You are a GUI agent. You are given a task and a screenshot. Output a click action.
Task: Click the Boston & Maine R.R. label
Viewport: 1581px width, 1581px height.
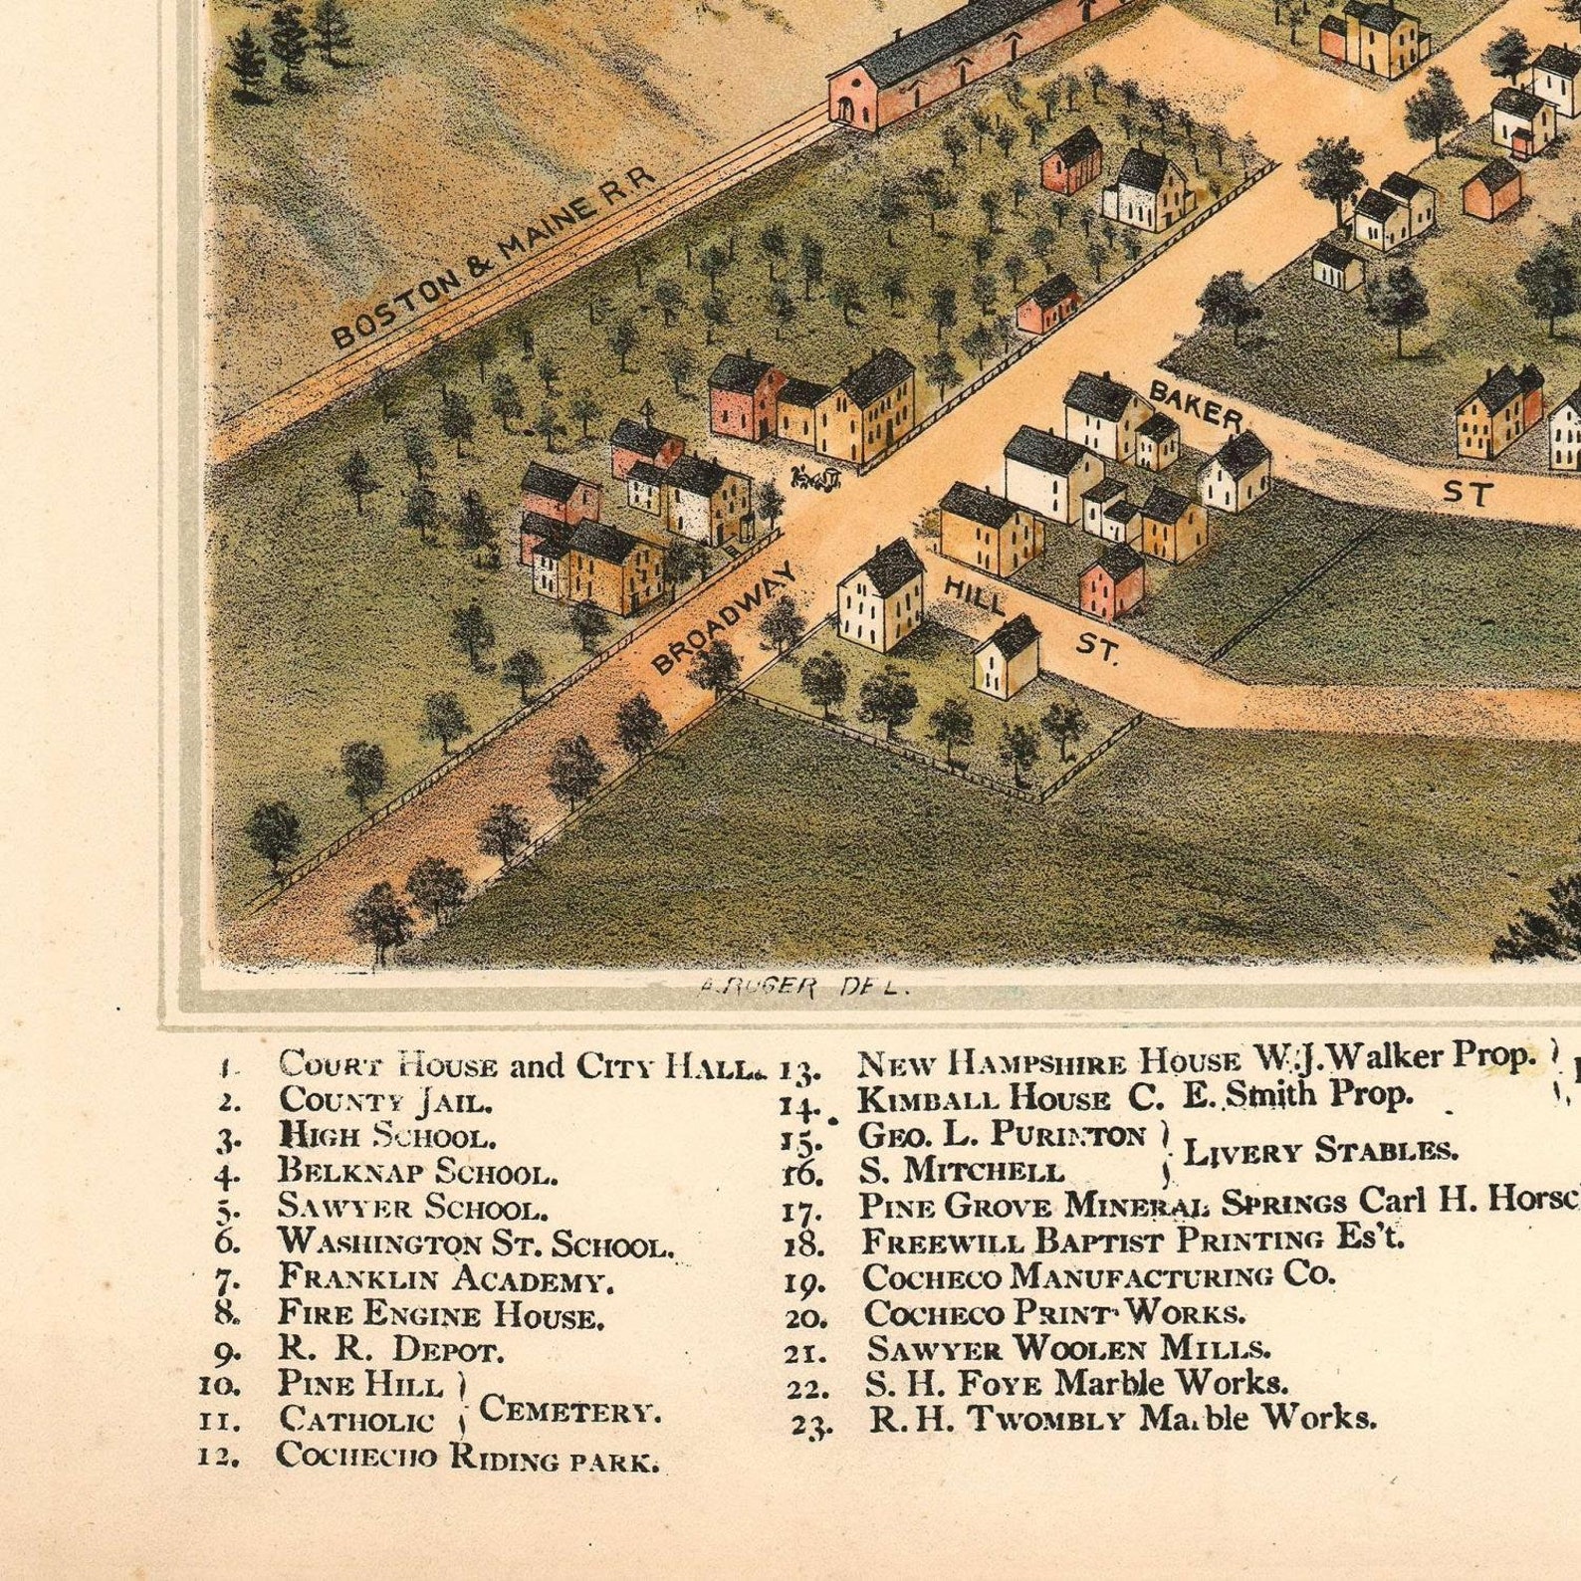494,259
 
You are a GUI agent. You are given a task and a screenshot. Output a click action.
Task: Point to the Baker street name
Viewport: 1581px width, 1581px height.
1196,404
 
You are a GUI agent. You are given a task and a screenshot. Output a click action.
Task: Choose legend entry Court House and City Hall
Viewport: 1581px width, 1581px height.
516,1066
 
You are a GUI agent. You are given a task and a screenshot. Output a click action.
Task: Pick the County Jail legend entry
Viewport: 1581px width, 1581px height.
384,1101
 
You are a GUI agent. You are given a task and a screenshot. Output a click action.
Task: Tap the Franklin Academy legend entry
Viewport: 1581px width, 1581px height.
445,1278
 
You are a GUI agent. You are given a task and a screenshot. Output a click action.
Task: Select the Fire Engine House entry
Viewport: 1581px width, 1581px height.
440,1315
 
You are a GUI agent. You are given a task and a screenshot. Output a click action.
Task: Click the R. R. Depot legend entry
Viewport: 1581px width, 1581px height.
390,1350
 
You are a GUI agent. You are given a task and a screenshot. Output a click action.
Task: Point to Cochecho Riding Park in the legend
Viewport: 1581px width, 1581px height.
466,1456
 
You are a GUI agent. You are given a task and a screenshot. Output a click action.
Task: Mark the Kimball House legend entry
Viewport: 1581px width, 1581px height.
1135,1098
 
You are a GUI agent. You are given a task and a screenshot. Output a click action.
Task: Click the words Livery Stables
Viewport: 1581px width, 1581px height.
1320,1152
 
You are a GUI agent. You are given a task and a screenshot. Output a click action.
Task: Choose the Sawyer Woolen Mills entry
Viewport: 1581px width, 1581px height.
1068,1349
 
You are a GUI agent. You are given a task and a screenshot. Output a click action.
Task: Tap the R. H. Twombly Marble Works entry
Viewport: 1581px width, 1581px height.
1123,1418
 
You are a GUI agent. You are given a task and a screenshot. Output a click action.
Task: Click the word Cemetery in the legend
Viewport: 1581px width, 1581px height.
569,1410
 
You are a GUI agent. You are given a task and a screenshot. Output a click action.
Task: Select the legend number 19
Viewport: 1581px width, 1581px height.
803,1283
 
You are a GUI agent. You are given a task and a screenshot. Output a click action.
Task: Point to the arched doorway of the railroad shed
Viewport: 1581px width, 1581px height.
846,109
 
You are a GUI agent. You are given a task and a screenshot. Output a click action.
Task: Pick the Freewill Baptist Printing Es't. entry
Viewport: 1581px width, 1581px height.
1133,1242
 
